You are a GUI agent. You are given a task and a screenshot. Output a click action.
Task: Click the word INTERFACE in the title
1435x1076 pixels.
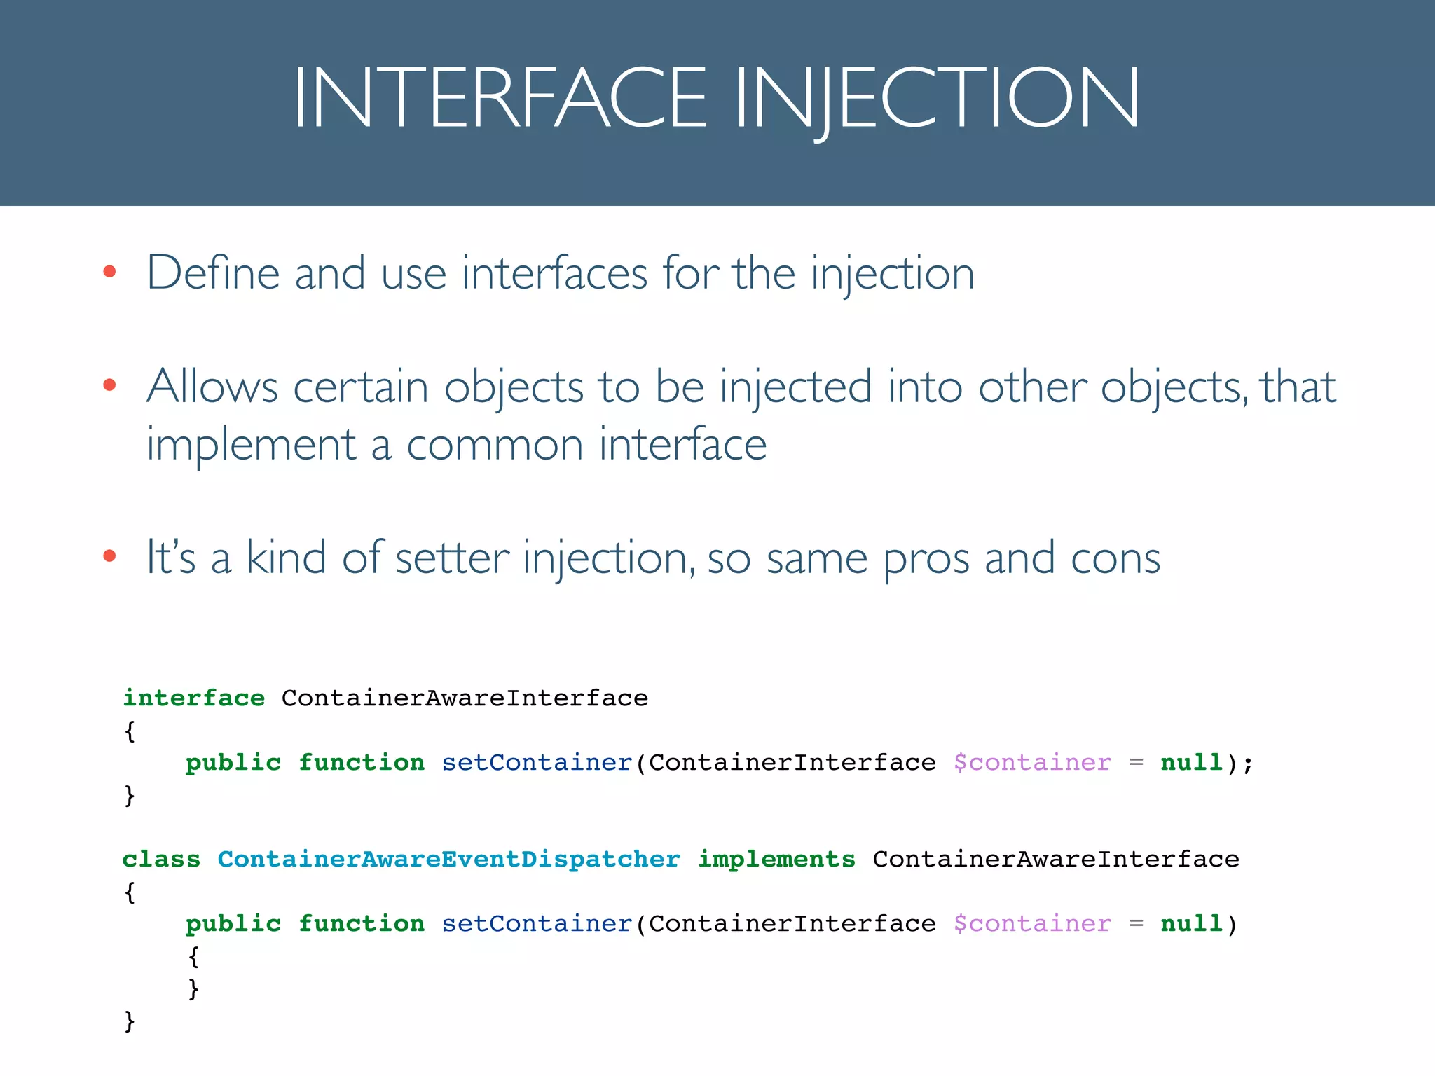point(500,97)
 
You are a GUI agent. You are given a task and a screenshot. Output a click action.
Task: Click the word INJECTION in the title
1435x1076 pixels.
point(937,97)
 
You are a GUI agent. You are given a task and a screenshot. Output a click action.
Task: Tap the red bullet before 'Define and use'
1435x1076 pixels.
point(109,272)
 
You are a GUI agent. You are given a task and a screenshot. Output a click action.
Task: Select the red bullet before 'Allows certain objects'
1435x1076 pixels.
point(109,385)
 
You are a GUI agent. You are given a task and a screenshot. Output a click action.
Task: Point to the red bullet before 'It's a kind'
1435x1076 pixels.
point(109,556)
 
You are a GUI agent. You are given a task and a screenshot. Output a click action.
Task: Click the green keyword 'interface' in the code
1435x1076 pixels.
point(194,698)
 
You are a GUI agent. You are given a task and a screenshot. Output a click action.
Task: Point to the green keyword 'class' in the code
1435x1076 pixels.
point(161,859)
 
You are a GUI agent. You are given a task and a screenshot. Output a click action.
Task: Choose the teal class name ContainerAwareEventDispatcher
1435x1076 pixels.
point(448,859)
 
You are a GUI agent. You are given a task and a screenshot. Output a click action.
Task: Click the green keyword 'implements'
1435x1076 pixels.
point(776,859)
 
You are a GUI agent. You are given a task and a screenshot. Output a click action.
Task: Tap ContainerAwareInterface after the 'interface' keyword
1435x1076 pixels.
point(465,698)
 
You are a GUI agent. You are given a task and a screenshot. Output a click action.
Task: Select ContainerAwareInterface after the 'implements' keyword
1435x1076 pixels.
point(1055,859)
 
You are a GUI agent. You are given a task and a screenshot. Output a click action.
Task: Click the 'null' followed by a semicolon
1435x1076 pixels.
point(1191,762)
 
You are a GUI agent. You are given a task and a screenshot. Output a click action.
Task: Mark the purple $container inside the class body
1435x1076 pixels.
point(1031,923)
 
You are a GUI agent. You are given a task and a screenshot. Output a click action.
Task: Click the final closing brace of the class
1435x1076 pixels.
point(130,1021)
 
